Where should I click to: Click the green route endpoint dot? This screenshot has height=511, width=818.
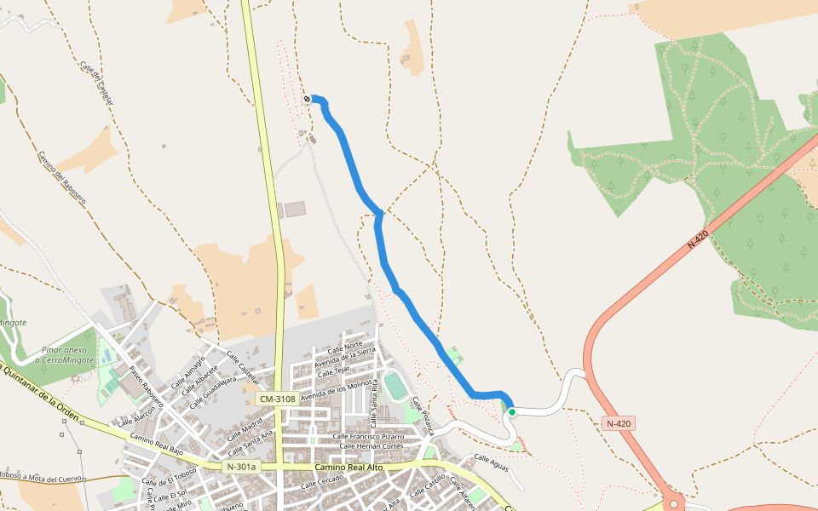512,412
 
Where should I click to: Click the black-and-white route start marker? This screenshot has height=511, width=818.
307,100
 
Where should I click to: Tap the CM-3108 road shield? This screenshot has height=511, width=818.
278,399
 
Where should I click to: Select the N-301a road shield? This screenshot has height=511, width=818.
241,467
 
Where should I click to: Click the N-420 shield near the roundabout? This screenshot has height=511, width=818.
619,423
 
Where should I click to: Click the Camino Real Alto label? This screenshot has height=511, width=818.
349,468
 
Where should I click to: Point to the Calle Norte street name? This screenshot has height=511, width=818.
345,347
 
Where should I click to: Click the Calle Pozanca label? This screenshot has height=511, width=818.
423,415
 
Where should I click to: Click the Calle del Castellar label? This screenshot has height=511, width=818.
96,83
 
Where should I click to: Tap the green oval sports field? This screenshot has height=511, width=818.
395,386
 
